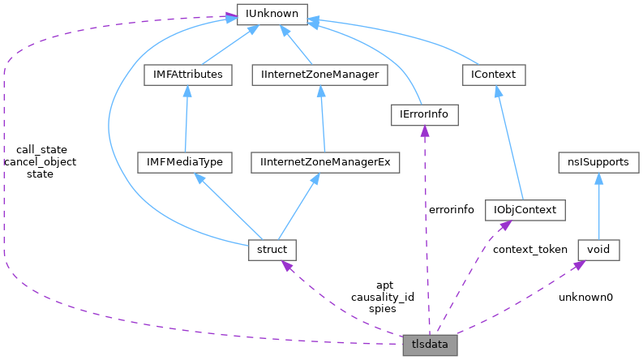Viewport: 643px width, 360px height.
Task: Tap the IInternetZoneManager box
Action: coord(319,75)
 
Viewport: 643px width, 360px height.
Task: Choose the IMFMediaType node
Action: coord(184,162)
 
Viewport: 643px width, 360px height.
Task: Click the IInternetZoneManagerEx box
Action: coord(326,162)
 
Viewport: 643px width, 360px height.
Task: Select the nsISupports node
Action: coord(599,162)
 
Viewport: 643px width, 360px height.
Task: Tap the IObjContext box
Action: coord(524,210)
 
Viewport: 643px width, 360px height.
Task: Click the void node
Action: coord(598,250)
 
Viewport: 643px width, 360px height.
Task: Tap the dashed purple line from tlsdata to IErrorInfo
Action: coord(426,235)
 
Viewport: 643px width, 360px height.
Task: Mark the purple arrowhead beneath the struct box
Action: coord(286,265)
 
